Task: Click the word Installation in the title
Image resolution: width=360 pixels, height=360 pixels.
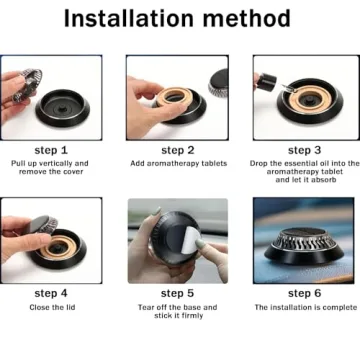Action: (129, 19)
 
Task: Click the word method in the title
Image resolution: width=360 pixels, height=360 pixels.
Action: (247, 19)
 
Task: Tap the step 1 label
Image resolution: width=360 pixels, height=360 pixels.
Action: (51, 150)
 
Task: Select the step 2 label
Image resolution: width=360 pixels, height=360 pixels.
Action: (178, 150)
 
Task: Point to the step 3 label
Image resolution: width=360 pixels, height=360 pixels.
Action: (304, 150)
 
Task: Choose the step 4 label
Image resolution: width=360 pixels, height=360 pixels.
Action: (51, 294)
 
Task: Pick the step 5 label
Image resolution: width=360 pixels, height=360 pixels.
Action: (177, 294)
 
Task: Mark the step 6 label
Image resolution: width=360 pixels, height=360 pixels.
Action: (304, 294)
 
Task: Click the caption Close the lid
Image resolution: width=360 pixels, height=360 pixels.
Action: (52, 307)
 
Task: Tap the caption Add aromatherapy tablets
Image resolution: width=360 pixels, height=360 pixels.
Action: (179, 164)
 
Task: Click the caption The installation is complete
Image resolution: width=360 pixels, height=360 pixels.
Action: (306, 307)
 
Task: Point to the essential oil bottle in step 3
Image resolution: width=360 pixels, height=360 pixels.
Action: (267, 82)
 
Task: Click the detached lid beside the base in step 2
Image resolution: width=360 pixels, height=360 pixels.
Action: (218, 83)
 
